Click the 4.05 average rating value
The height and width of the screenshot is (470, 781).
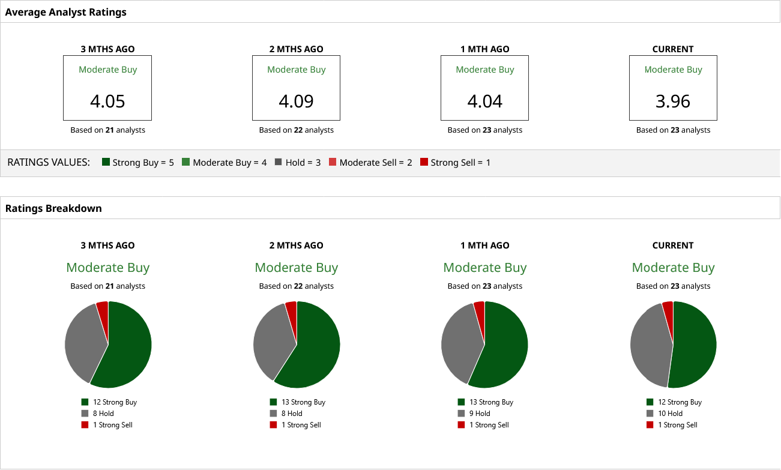(x=107, y=101)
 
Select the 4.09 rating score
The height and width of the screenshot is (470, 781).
(x=296, y=101)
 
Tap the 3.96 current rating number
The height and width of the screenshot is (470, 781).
(x=673, y=101)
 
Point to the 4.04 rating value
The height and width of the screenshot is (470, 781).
(x=484, y=101)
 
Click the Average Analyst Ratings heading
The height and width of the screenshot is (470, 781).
(x=66, y=12)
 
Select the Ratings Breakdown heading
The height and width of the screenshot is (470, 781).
(x=53, y=208)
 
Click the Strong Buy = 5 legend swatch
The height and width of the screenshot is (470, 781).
(x=106, y=162)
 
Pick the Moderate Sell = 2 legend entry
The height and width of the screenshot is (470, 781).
(x=370, y=162)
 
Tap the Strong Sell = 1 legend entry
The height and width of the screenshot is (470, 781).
(x=455, y=162)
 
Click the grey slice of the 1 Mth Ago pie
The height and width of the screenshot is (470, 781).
(x=461, y=342)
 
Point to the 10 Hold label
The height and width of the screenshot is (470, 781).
(x=670, y=414)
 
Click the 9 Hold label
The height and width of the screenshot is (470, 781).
(x=480, y=414)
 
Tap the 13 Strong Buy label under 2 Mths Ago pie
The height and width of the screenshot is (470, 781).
(x=303, y=402)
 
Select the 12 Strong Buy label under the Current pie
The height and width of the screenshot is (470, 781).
(x=680, y=402)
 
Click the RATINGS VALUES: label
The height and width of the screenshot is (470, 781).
(x=49, y=162)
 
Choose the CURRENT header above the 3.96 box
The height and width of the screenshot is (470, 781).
(x=673, y=49)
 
